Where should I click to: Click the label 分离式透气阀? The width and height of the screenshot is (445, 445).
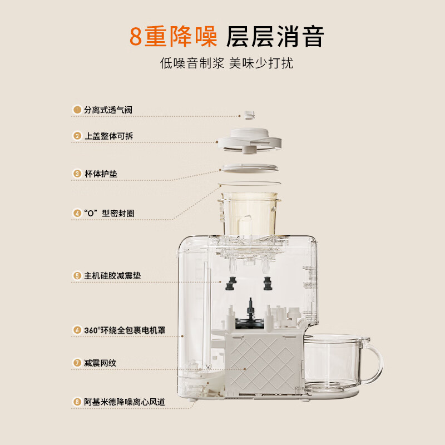point(108,110)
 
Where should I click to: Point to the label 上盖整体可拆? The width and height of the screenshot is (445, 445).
point(108,136)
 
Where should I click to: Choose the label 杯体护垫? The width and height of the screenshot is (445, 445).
point(101,174)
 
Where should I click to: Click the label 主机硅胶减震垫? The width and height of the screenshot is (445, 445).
point(112,275)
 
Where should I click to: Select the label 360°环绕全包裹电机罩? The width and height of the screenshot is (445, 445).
point(125,330)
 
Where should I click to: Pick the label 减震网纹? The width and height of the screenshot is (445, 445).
point(100,363)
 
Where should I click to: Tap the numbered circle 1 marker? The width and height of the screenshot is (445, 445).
point(77,110)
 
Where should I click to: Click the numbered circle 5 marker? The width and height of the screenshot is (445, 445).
point(77,275)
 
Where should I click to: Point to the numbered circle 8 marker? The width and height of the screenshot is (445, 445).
point(77,401)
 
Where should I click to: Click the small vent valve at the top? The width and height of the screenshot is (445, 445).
point(249,115)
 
